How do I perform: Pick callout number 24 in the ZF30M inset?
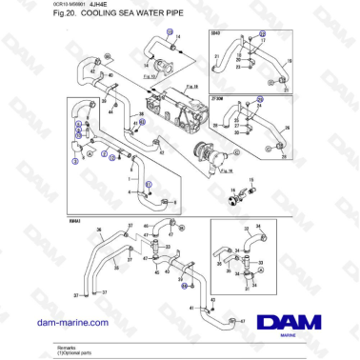[x=259, y=100]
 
